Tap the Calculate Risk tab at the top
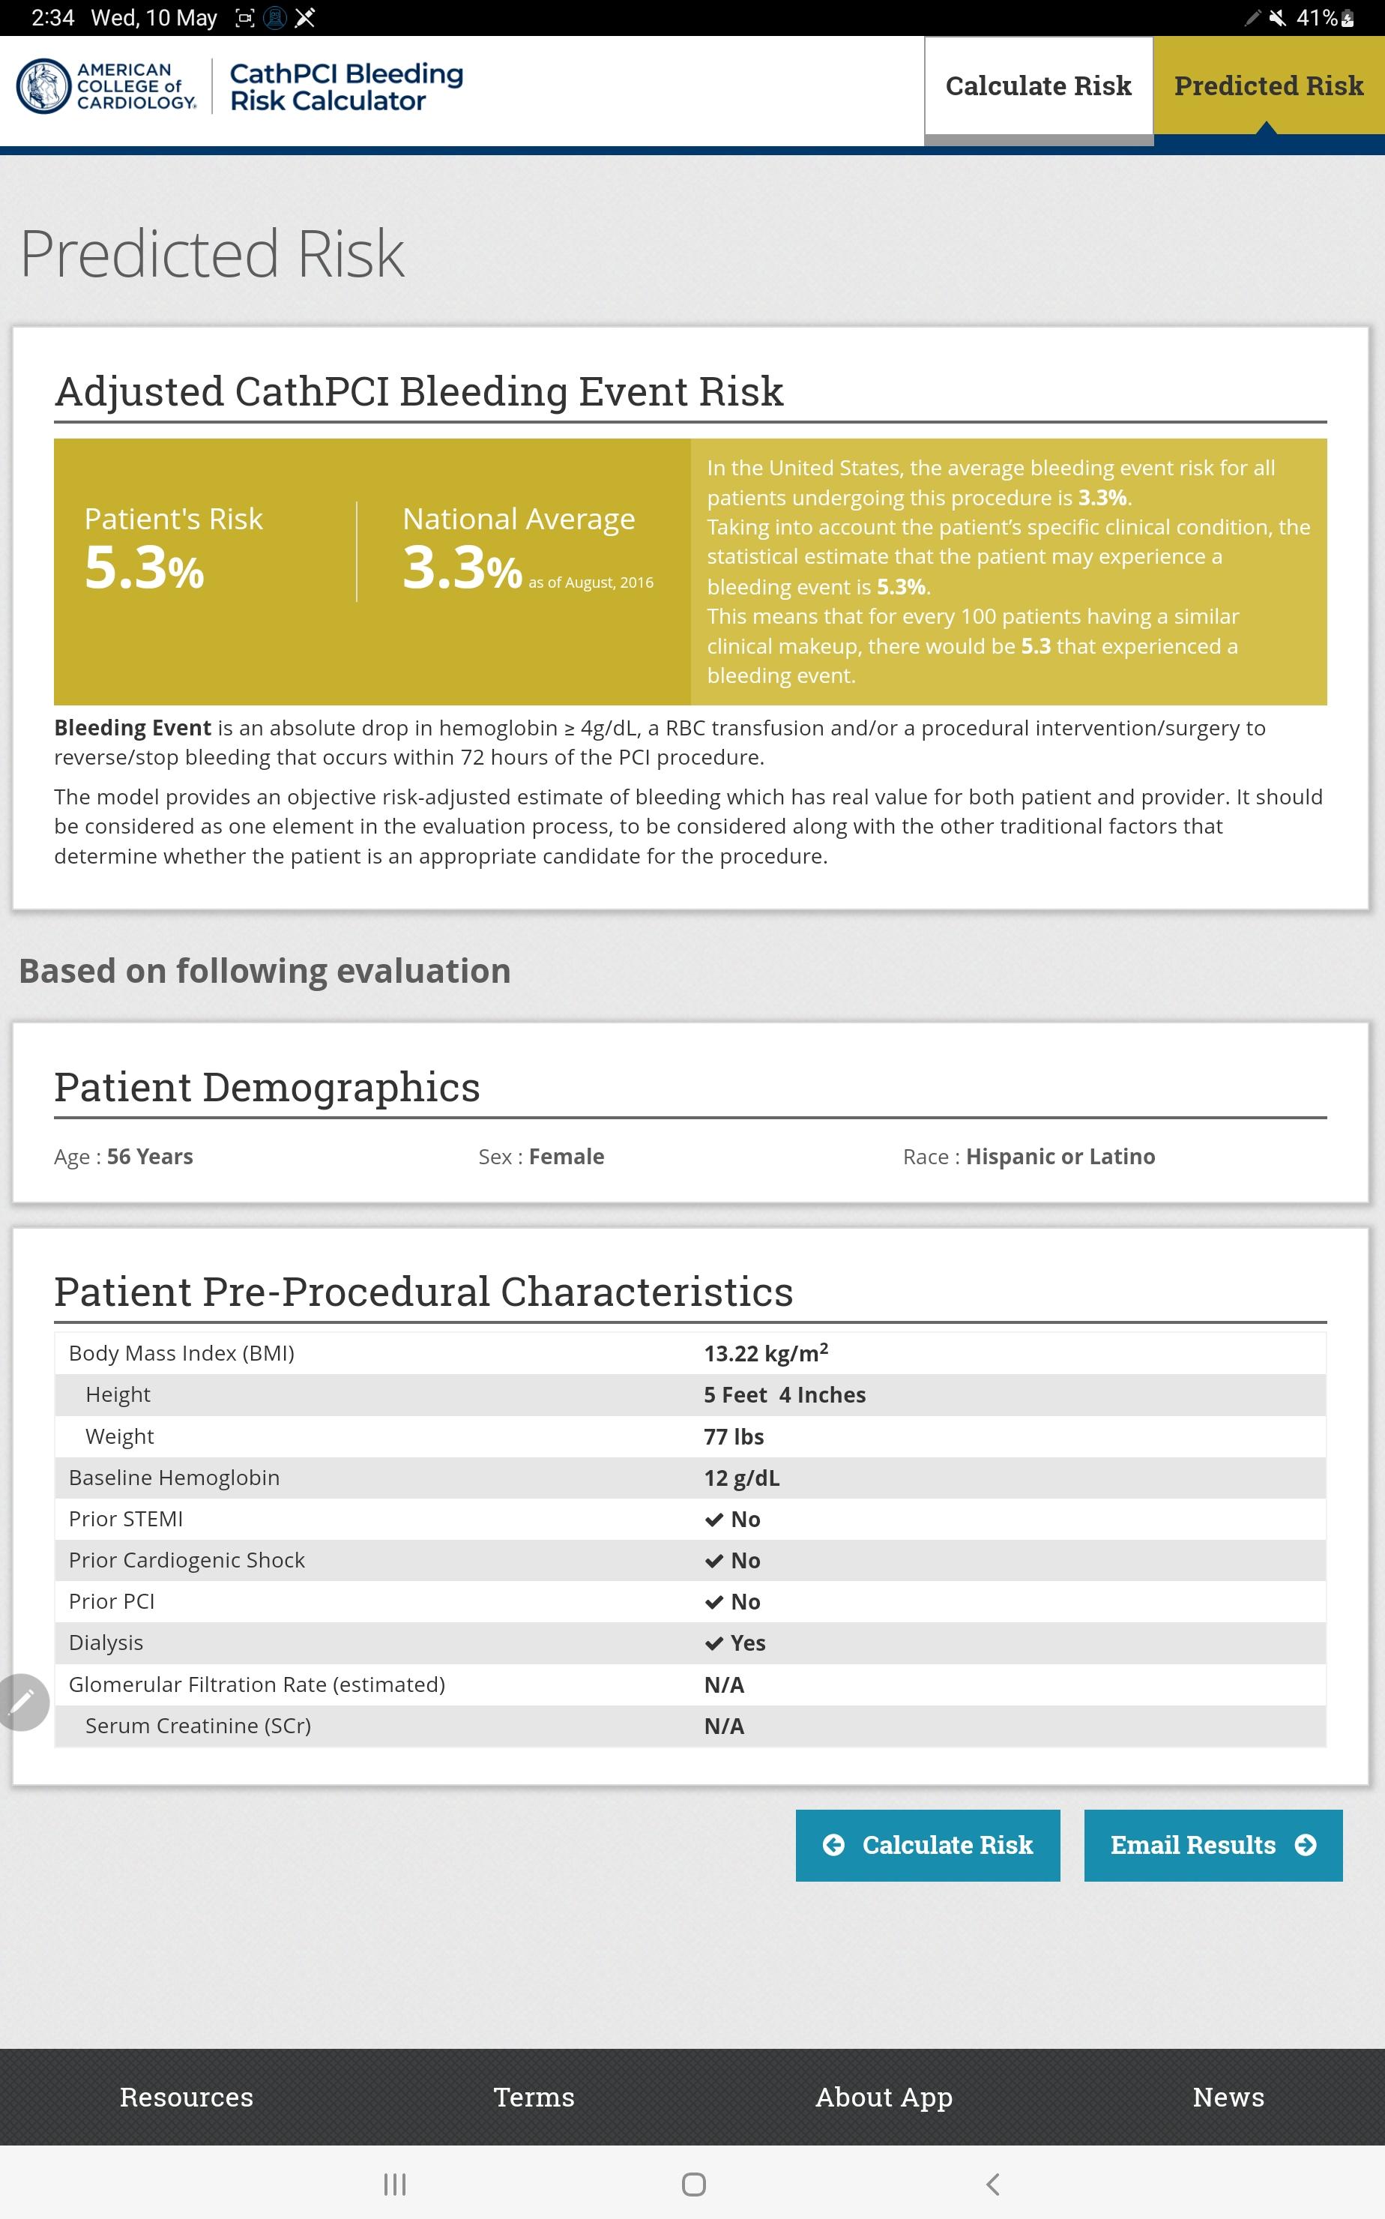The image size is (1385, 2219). click(x=1038, y=87)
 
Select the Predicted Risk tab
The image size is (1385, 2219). click(x=1269, y=86)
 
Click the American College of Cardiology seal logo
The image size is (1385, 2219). click(x=43, y=86)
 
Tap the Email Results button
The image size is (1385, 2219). click(x=1213, y=1844)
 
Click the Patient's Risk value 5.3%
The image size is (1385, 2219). click(x=144, y=567)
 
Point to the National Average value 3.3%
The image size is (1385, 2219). click(x=462, y=567)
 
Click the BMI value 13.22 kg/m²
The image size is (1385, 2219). click(x=766, y=1353)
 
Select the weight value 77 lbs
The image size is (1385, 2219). click(x=734, y=1436)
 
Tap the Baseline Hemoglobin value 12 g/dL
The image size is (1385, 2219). click(x=742, y=1478)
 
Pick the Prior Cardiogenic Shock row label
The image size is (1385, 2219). click(x=187, y=1560)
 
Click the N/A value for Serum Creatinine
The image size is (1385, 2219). click(x=724, y=1726)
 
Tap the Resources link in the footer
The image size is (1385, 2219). click(x=187, y=2097)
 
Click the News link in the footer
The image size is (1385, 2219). click(x=1228, y=2097)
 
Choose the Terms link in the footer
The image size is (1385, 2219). click(x=534, y=2097)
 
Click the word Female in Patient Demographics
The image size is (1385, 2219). click(x=566, y=1156)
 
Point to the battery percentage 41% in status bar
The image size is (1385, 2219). click(x=1318, y=17)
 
